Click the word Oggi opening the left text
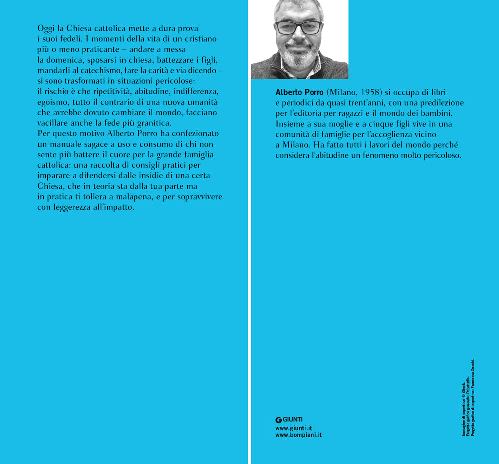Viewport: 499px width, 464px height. (x=46, y=29)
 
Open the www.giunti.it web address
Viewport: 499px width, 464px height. (x=294, y=428)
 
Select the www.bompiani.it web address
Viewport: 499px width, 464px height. (x=298, y=435)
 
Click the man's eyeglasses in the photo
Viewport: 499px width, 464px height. (x=298, y=27)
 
